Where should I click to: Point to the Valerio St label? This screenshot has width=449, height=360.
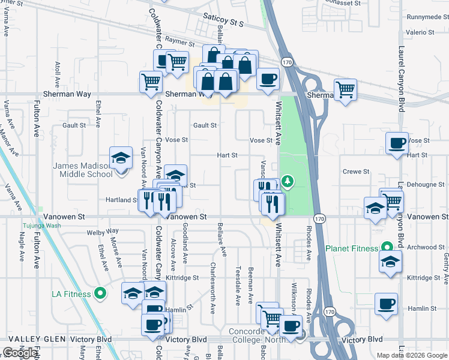(x=415, y=32)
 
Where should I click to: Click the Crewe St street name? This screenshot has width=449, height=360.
(x=355, y=172)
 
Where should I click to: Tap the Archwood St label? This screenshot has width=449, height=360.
(x=425, y=247)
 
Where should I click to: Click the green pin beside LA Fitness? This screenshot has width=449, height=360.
(x=101, y=294)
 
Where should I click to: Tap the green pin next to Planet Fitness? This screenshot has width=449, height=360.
(x=388, y=247)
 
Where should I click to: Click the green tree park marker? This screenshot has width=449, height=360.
(x=288, y=181)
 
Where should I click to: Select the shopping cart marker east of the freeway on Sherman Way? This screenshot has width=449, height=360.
(x=345, y=90)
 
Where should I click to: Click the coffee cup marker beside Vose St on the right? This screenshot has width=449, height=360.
(x=396, y=144)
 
